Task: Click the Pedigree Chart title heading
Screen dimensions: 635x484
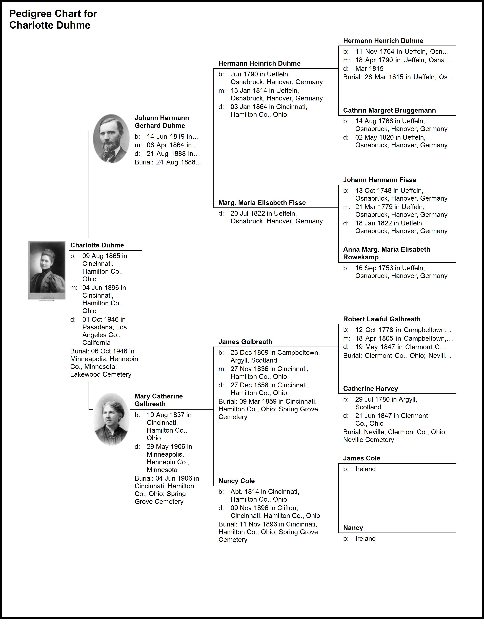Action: pyautogui.click(x=53, y=19)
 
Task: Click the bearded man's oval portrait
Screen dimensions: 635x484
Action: pyautogui.click(x=111, y=139)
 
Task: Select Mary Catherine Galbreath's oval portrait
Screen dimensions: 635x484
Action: pyautogui.click(x=111, y=419)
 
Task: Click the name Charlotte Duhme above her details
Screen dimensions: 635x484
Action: pyautogui.click(x=97, y=245)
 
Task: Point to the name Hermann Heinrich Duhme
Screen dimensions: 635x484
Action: pyautogui.click(x=259, y=63)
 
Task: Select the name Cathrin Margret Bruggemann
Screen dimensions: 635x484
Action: pyautogui.click(x=389, y=110)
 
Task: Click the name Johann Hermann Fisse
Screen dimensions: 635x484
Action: pyautogui.click(x=379, y=180)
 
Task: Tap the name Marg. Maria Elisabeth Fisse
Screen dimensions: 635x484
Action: pyautogui.click(x=262, y=203)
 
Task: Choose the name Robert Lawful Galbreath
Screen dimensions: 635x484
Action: pyautogui.click(x=382, y=319)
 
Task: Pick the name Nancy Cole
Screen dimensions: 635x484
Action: pyautogui.click(x=236, y=481)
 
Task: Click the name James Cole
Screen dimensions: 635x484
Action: pyautogui.click(x=361, y=458)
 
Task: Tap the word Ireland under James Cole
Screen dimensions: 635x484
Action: pyautogui.click(x=365, y=469)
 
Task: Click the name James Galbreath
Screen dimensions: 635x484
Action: pyautogui.click(x=245, y=342)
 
